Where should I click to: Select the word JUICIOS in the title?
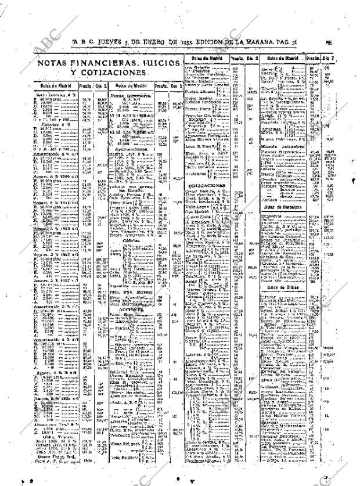coord(163,63)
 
